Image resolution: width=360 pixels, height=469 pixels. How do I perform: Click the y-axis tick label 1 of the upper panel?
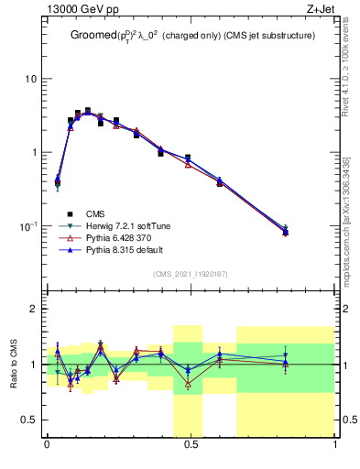point(33,153)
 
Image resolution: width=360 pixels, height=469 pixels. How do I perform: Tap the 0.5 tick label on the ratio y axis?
point(28,420)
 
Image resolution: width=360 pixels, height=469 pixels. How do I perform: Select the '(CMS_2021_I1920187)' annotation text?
point(191,274)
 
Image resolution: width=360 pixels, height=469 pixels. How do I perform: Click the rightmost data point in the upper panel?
point(285,232)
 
